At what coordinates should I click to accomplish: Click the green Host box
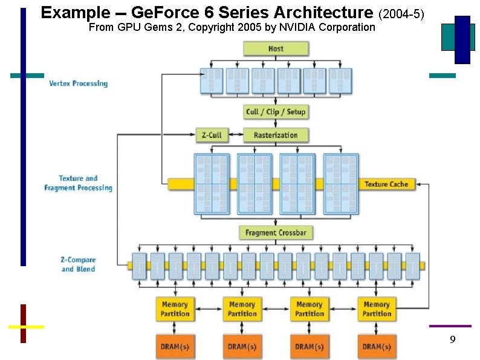coord(276,48)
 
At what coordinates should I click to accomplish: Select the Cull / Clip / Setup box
coord(276,112)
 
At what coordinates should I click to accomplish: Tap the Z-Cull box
coord(212,135)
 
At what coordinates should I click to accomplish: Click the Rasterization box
coord(276,135)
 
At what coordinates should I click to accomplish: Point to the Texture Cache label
coord(386,184)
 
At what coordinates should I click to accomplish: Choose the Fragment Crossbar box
coord(276,232)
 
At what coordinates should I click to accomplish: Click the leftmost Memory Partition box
coord(175,309)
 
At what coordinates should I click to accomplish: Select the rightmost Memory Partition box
coord(377,309)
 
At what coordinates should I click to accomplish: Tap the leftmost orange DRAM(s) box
coord(175,347)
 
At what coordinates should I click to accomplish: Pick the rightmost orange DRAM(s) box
coord(377,347)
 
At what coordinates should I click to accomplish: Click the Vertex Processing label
coord(78,83)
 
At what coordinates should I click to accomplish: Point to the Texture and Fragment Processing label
coord(78,183)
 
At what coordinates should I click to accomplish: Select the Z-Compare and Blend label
coord(78,264)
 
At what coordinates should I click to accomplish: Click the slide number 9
coord(452,341)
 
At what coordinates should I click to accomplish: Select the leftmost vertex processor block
coord(211,81)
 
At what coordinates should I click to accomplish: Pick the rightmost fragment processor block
coord(340,183)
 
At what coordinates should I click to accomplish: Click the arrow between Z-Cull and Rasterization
coord(236,135)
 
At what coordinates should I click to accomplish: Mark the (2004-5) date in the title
coord(404,13)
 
